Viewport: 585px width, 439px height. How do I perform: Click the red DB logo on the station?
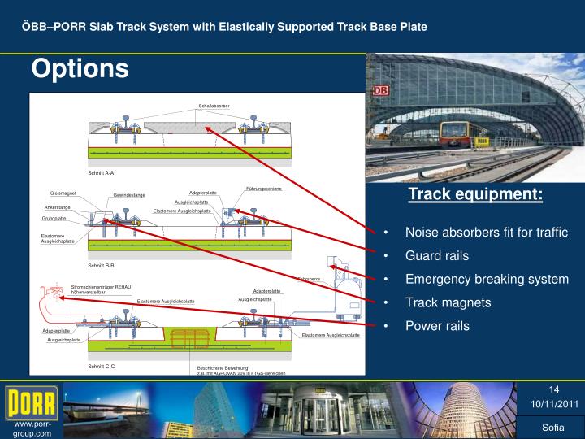pyautogui.click(x=380, y=91)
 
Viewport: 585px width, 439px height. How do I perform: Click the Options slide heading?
pyautogui.click(x=80, y=69)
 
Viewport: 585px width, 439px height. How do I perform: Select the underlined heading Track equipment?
pyautogui.click(x=475, y=194)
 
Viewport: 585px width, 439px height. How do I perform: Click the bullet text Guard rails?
pyautogui.click(x=437, y=255)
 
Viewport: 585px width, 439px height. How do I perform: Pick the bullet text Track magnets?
pyautogui.click(x=448, y=302)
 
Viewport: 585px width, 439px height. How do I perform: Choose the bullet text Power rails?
pyautogui.click(x=437, y=326)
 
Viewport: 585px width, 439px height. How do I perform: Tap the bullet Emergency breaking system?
pyautogui.click(x=487, y=279)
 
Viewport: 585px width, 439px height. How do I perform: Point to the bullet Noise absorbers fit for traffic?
pyautogui.click(x=486, y=232)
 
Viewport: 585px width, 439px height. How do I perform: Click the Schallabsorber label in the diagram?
pyautogui.click(x=214, y=106)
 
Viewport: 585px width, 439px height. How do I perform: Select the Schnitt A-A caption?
pyautogui.click(x=101, y=173)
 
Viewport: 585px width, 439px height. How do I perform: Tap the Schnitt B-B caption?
pyautogui.click(x=101, y=266)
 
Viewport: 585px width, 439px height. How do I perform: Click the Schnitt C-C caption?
pyautogui.click(x=101, y=367)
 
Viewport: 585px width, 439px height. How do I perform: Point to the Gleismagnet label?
pyautogui.click(x=63, y=193)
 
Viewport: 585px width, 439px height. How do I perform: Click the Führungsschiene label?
pyautogui.click(x=263, y=189)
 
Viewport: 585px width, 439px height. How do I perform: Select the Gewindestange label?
pyautogui.click(x=129, y=195)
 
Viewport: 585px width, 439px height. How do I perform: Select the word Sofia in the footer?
pyautogui.click(x=552, y=428)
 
